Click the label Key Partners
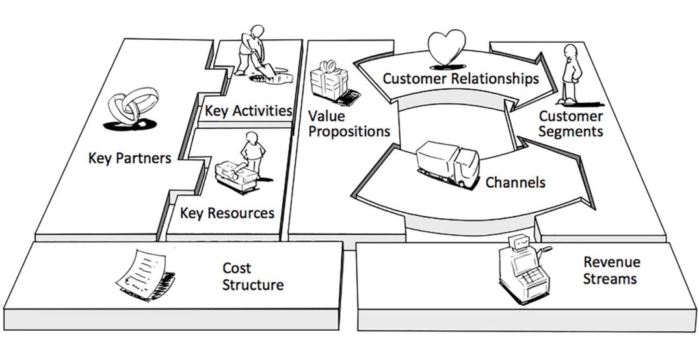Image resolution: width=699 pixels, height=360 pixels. [x=129, y=158]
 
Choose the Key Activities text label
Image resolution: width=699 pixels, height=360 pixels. [x=248, y=110]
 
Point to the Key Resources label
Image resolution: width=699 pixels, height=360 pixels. [x=227, y=213]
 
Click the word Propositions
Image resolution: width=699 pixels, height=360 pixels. [x=349, y=131]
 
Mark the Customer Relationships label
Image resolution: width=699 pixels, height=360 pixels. [x=460, y=79]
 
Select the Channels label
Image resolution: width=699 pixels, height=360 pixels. [x=515, y=182]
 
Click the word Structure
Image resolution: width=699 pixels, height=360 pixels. [x=253, y=285]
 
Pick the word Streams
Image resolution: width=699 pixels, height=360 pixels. [x=609, y=279]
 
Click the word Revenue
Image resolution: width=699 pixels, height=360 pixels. [x=611, y=262]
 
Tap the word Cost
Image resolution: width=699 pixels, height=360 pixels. [x=237, y=268]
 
